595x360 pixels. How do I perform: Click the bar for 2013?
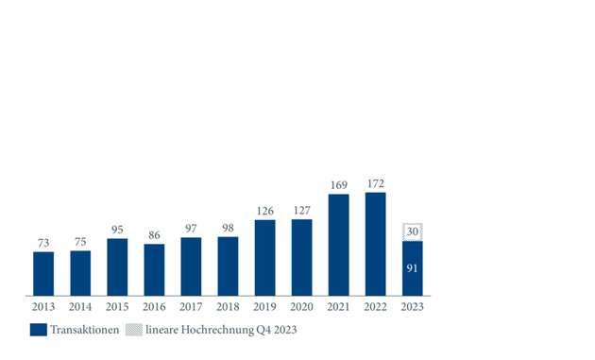tap(43, 273)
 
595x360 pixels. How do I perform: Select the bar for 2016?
tap(154, 269)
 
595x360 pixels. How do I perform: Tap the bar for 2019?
tap(265, 257)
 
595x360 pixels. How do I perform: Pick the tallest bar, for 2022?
tap(375, 244)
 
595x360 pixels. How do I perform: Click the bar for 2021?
tap(338, 245)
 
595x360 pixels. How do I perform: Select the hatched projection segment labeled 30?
tap(412, 232)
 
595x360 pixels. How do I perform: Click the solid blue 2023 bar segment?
tap(412, 268)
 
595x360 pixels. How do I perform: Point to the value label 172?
tap(375, 183)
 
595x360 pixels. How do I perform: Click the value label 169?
tap(338, 185)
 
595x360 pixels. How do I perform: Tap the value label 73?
tap(43, 243)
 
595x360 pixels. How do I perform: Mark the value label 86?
tap(154, 235)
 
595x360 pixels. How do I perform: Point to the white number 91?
tap(412, 269)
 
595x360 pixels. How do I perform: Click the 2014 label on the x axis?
tap(80, 307)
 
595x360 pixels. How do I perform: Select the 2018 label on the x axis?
tap(228, 307)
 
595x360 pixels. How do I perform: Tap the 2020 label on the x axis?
tap(301, 307)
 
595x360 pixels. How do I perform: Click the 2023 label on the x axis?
tap(412, 307)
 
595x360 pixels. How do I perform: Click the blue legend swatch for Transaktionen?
tap(39, 330)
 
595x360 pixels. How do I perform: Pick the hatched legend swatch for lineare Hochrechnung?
tap(135, 330)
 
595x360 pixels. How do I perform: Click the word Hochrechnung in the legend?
tap(215, 330)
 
